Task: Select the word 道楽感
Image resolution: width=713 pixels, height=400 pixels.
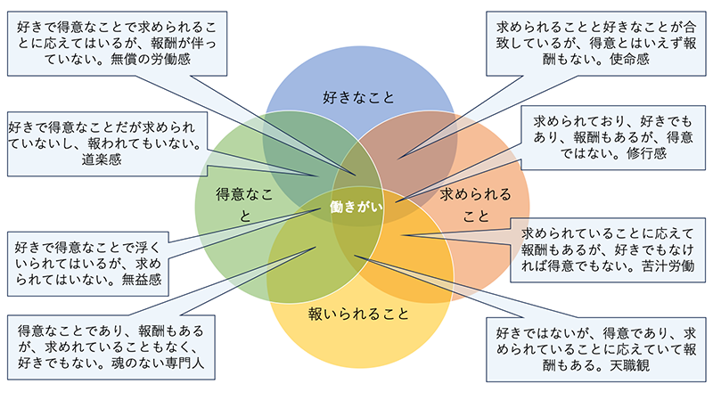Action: click(x=101, y=160)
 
